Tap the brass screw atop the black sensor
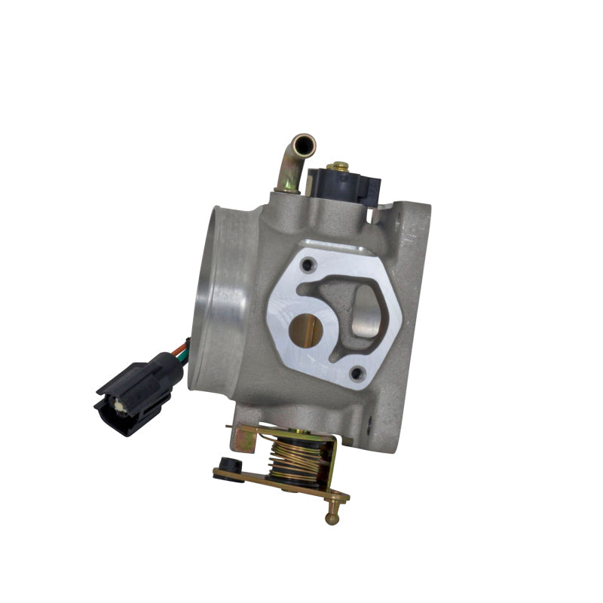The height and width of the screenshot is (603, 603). coord(338,165)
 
